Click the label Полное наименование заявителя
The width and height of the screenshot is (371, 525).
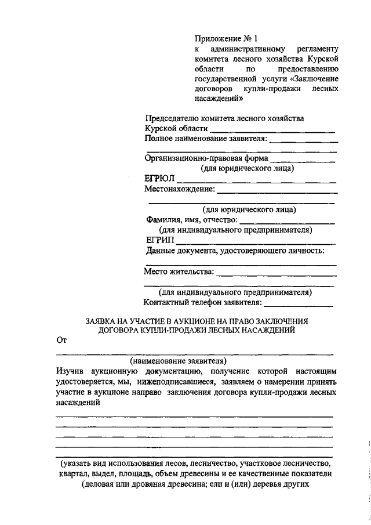coord(206,139)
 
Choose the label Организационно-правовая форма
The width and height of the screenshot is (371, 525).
coord(206,158)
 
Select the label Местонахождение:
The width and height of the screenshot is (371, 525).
coord(180,189)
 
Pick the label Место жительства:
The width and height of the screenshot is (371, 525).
coord(179,271)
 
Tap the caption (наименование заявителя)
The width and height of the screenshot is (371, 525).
coord(179,360)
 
